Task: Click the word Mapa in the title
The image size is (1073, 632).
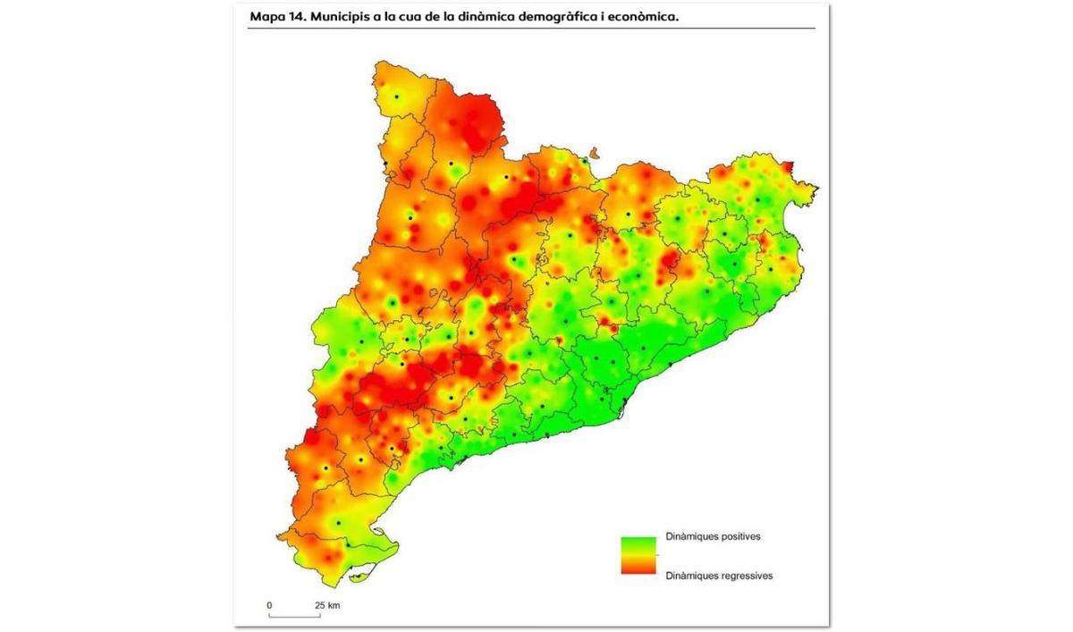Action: pyautogui.click(x=269, y=16)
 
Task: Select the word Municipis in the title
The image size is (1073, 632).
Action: pyautogui.click(x=344, y=16)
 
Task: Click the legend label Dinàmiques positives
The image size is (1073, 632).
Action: pyautogui.click(x=713, y=537)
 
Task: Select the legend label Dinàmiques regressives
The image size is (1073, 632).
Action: pyautogui.click(x=719, y=576)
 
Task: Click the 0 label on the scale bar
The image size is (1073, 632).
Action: pyautogui.click(x=269, y=605)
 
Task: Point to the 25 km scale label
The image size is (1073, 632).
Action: pyautogui.click(x=327, y=605)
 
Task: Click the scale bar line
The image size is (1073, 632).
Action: pyautogui.click(x=294, y=616)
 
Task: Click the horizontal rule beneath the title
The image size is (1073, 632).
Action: pyautogui.click(x=531, y=28)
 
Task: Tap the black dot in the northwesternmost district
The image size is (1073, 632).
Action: pyautogui.click(x=396, y=96)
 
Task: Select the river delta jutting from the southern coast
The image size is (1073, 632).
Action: pyautogui.click(x=384, y=541)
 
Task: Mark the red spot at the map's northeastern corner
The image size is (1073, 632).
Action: pyautogui.click(x=788, y=165)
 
